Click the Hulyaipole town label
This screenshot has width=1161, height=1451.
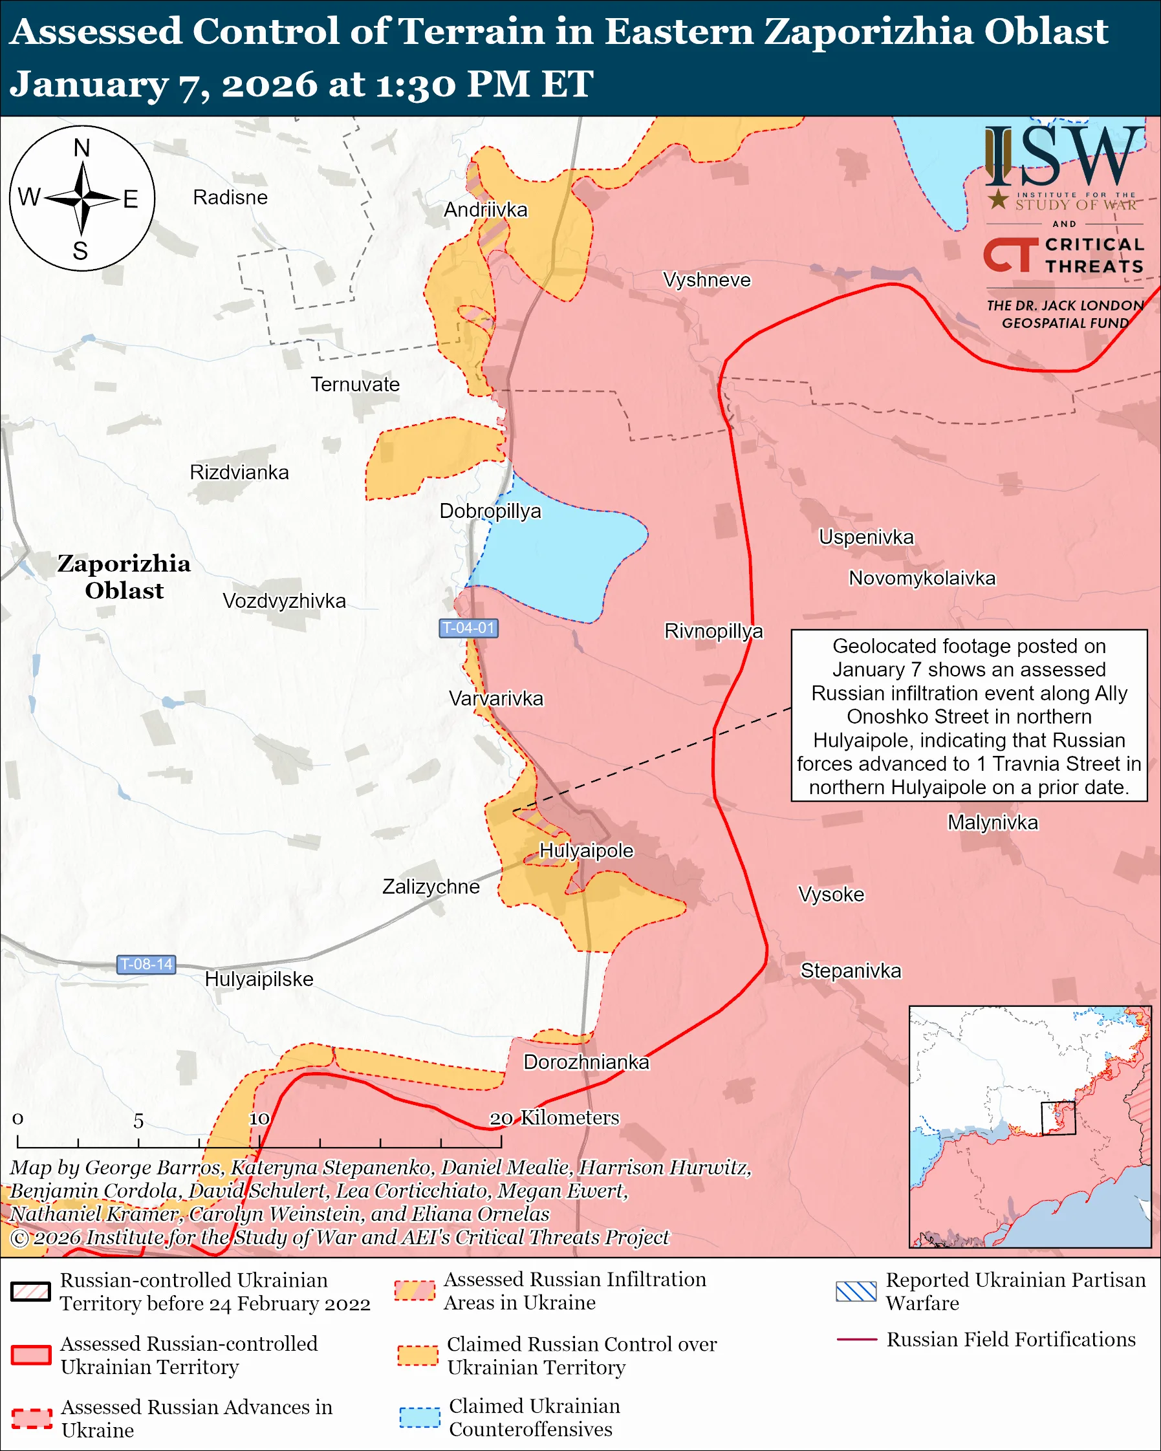586,851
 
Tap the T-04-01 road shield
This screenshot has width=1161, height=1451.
468,628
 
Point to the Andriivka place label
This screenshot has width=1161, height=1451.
485,210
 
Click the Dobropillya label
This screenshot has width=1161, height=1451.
490,511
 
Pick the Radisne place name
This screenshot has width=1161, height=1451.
230,197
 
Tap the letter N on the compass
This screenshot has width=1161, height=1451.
81,148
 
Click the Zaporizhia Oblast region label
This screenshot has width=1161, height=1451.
124,577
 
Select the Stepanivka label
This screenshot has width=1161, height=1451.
850,971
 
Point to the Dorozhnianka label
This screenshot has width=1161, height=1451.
586,1062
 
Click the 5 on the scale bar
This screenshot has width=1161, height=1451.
138,1121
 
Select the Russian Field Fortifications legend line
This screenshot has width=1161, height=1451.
856,1340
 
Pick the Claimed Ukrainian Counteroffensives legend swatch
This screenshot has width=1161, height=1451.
419,1417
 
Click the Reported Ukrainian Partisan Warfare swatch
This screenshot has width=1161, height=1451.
856,1291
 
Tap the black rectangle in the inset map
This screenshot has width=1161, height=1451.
1058,1119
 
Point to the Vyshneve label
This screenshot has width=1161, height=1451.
706,280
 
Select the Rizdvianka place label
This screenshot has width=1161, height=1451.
239,473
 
